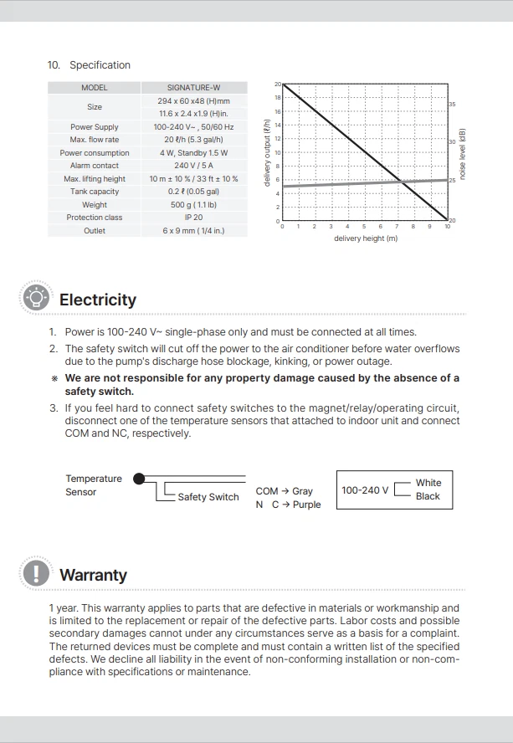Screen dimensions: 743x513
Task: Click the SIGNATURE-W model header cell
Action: [x=193, y=88]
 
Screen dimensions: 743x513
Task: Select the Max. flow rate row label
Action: [x=95, y=140]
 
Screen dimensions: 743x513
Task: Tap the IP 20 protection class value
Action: [x=193, y=218]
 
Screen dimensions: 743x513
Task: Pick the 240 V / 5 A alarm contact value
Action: [x=193, y=166]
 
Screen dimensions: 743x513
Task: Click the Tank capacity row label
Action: [x=95, y=192]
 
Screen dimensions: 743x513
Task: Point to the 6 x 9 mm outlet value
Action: [x=193, y=231]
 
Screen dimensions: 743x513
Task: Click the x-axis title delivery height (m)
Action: [x=366, y=239]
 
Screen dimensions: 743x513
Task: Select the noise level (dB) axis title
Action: [x=461, y=154]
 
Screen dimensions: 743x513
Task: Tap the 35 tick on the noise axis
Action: [x=452, y=104]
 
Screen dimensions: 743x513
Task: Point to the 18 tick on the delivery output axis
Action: [x=278, y=98]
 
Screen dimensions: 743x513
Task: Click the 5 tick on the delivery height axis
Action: [x=364, y=227]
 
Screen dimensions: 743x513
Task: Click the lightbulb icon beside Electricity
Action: [x=36, y=298]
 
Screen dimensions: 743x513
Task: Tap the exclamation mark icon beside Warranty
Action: [x=36, y=573]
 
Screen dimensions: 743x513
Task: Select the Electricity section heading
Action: [x=98, y=300]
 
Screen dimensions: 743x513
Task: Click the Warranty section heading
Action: [x=94, y=575]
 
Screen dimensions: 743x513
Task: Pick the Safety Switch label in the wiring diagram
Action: [x=208, y=497]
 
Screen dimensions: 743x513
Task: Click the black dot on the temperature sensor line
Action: [x=139, y=479]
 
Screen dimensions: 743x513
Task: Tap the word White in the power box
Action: [x=428, y=483]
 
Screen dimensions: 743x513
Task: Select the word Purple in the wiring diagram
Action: [x=306, y=505]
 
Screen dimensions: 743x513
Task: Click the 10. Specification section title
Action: [x=90, y=65]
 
